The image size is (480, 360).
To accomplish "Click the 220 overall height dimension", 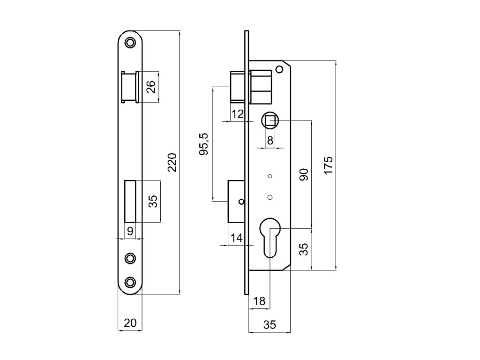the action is pyautogui.click(x=172, y=162).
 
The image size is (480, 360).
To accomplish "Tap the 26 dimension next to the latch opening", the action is pyautogui.click(x=151, y=87).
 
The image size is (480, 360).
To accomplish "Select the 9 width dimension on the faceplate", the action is pyautogui.click(x=130, y=231).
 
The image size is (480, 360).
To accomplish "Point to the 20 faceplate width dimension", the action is pyautogui.click(x=130, y=323).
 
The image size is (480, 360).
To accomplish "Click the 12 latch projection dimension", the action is pyautogui.click(x=238, y=114).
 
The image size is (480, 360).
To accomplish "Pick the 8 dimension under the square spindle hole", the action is pyautogui.click(x=270, y=140).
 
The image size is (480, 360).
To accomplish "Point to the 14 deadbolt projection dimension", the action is pyautogui.click(x=237, y=238).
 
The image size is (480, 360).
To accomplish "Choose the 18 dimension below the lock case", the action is pyautogui.click(x=259, y=301).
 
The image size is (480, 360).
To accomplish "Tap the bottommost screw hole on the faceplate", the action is pyautogui.click(x=130, y=282).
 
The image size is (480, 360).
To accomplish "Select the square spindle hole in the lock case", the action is pyautogui.click(x=270, y=121).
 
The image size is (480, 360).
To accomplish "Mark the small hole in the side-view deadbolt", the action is pyautogui.click(x=241, y=202).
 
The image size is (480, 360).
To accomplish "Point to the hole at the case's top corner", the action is pyautogui.click(x=279, y=70).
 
